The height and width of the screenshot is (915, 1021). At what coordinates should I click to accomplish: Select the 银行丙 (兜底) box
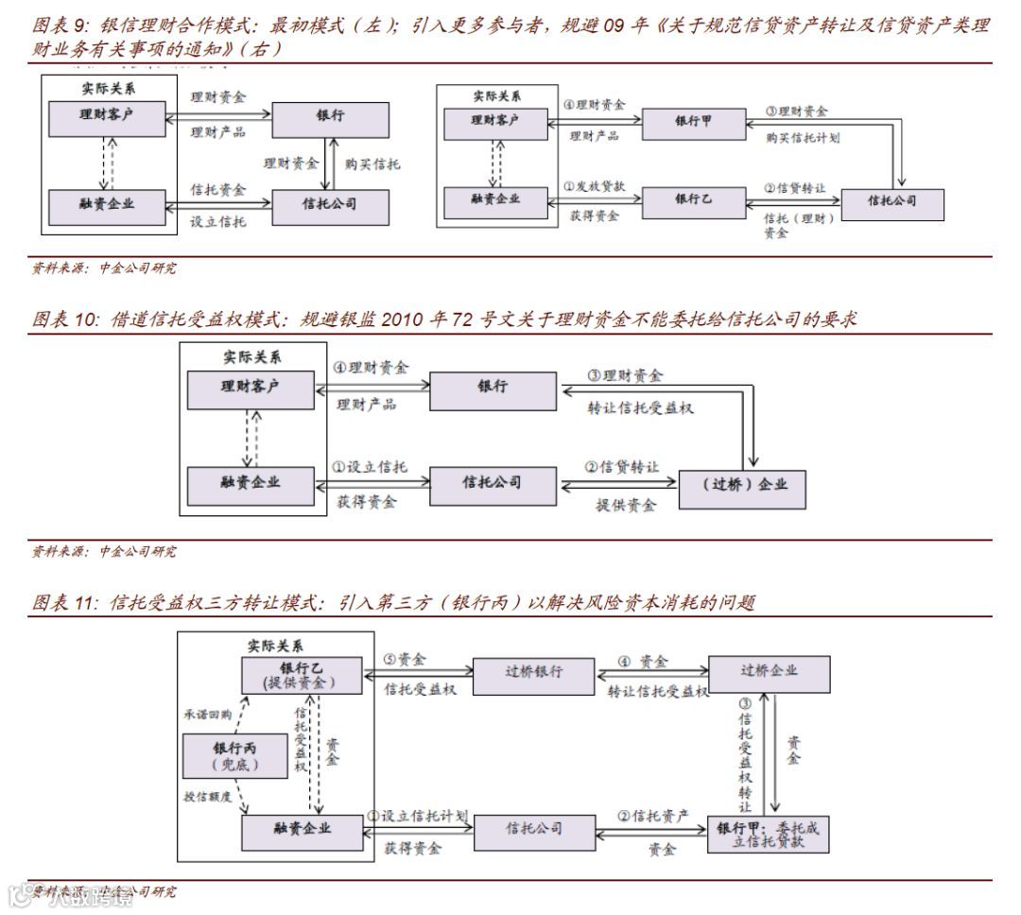click(234, 755)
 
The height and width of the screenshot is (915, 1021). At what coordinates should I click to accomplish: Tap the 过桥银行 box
click(533, 673)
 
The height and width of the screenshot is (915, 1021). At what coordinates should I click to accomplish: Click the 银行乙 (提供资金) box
click(300, 674)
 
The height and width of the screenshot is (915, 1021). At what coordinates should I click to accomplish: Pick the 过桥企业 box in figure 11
click(769, 673)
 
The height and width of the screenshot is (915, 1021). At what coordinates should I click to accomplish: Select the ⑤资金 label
click(405, 659)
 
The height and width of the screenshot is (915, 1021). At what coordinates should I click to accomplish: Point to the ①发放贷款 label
click(595, 186)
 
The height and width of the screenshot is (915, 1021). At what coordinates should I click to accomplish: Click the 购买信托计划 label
click(803, 138)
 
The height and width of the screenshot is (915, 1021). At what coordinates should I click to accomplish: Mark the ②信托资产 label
click(653, 816)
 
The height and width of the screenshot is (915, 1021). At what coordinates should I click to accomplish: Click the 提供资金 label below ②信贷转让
click(626, 505)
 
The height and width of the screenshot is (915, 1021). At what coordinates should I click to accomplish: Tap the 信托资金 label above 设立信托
click(217, 190)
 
